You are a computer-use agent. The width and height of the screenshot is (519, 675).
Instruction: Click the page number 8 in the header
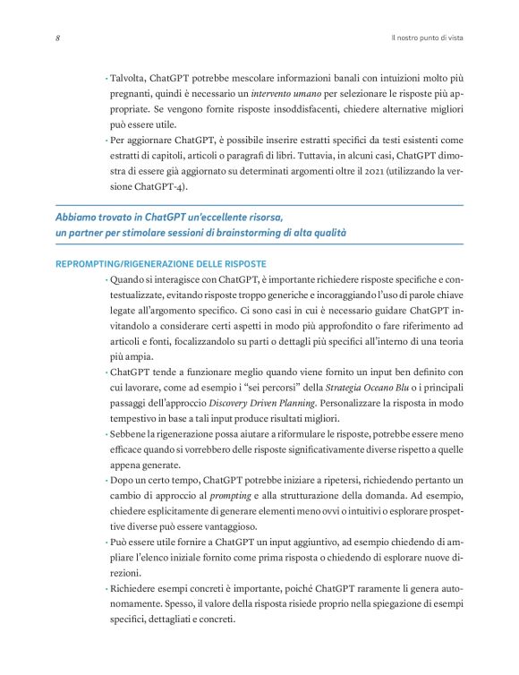(x=57, y=38)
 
